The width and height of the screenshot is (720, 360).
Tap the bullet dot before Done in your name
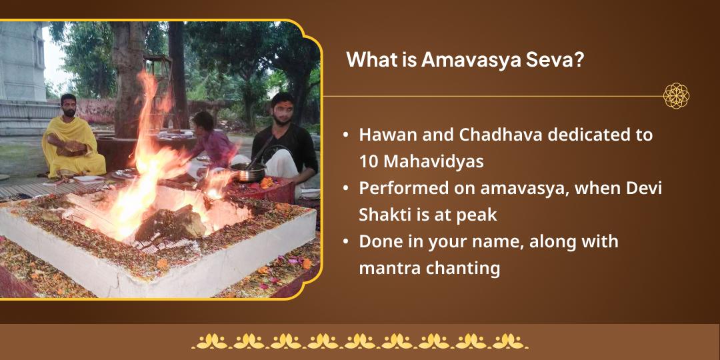click(345, 242)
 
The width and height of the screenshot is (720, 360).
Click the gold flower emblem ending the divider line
click(676, 96)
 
